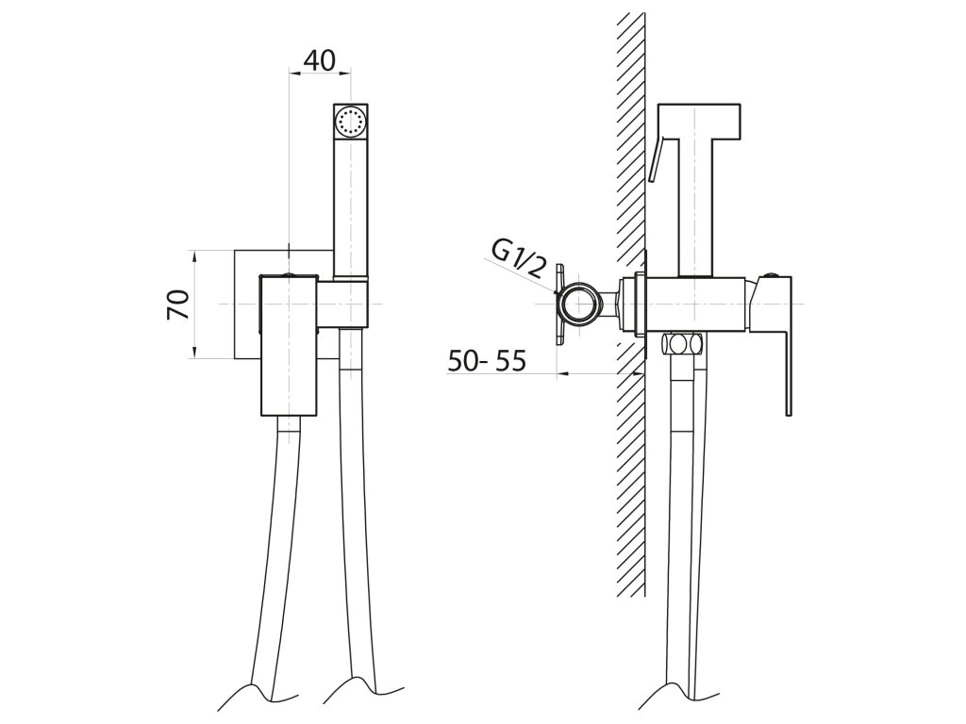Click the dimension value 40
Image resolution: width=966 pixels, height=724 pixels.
pyautogui.click(x=320, y=60)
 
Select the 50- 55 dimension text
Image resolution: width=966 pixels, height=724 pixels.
pyautogui.click(x=487, y=361)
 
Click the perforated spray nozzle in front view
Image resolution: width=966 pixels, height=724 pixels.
pyautogui.click(x=351, y=121)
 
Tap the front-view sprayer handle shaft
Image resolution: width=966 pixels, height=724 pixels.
pyautogui.click(x=351, y=207)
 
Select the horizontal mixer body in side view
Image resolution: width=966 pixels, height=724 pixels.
pyautogui.click(x=698, y=304)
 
